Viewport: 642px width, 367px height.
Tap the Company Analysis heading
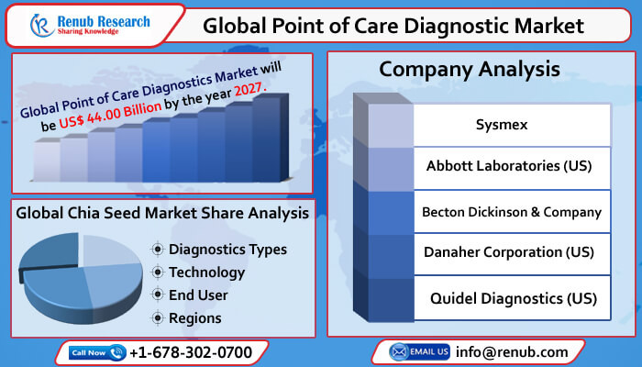tap(470, 69)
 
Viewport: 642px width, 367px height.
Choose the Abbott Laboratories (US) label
tap(509, 167)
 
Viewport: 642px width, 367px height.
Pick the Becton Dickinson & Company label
tap(511, 211)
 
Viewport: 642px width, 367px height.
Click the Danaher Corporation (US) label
tap(509, 252)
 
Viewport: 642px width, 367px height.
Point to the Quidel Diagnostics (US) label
tap(514, 298)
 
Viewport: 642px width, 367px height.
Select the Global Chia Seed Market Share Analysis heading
tap(162, 214)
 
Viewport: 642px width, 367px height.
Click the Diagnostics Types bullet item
tap(227, 250)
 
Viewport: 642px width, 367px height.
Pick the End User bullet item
tap(199, 295)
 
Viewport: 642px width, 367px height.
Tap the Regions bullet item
tap(195, 318)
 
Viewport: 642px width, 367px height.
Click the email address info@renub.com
tap(511, 351)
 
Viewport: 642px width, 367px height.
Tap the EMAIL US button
tap(419, 351)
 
